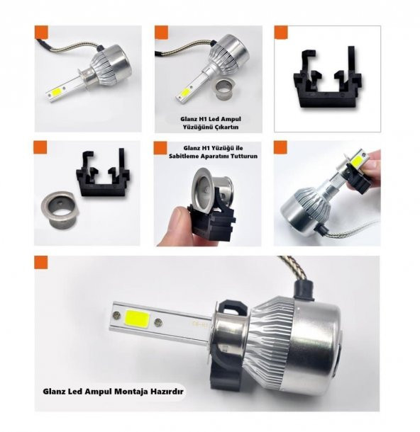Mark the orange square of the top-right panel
(281, 33)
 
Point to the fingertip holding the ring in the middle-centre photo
(176, 227)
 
